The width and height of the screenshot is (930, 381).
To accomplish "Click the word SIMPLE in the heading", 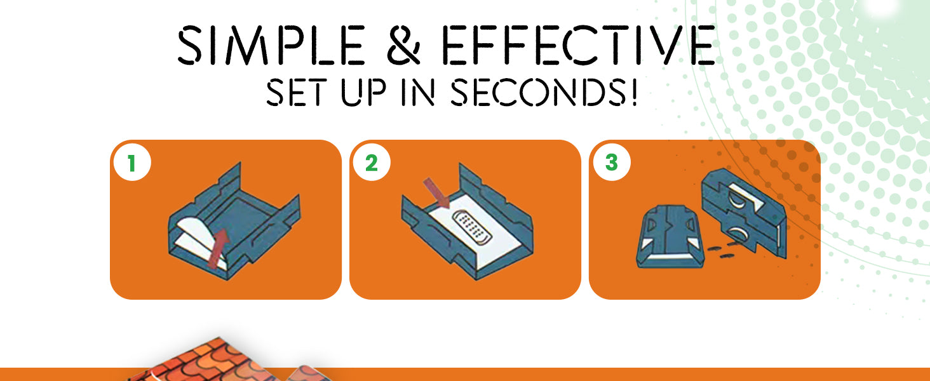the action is (x=271, y=45).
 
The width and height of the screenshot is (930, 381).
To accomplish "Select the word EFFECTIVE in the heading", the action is (x=578, y=45).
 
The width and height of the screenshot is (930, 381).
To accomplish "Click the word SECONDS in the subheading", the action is (x=538, y=92).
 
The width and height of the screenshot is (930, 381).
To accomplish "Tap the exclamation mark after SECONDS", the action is (x=633, y=92).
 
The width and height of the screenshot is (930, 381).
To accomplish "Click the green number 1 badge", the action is (x=132, y=163).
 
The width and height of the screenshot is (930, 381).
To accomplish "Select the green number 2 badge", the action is (x=372, y=163).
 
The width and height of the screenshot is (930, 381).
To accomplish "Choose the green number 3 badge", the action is (x=612, y=163).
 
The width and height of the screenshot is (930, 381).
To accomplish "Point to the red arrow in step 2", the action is (x=437, y=193).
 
